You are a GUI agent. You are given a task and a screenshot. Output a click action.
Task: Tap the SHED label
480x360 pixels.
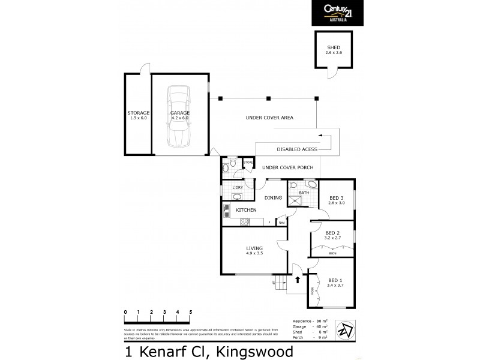pos(333,48)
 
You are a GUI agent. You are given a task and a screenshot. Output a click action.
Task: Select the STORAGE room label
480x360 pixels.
pos(138,113)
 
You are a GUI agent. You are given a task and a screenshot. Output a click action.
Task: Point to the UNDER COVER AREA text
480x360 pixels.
pos(269,118)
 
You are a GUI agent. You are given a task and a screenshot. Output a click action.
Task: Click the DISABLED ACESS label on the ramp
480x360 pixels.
pos(297,149)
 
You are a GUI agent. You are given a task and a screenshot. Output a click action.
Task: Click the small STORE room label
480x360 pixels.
pos(248,162)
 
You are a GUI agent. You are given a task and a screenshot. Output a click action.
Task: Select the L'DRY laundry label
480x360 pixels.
pos(237,188)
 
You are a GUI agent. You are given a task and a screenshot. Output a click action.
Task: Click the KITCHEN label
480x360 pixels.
pos(246,210)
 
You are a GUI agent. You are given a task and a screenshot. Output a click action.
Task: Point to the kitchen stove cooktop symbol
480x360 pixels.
pos(244,223)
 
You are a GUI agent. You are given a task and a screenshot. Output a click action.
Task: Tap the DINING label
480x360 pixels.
pos(274,197)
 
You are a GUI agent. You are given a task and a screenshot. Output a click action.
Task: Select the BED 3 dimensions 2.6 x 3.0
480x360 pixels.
pos(337,203)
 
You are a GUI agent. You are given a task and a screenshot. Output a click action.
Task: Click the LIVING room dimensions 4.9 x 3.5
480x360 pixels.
pos(255,254)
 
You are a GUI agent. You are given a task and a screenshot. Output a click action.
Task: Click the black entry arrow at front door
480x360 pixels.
pos(298,279)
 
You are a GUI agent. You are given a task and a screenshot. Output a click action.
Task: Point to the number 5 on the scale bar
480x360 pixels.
pos(191,313)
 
